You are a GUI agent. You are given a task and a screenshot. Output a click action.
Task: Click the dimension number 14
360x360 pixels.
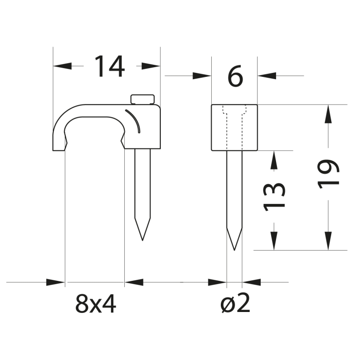pos(109,66)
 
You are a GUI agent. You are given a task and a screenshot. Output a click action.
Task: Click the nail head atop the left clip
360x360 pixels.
pos(142,99)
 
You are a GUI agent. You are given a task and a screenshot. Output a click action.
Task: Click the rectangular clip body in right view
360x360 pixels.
pos(234,127)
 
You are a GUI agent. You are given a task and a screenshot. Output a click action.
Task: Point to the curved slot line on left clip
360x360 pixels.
pos(134,120)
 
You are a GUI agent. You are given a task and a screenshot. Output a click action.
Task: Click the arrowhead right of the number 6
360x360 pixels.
pos(266,75)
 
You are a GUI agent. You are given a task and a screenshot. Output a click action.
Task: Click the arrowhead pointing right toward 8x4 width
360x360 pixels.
pos(56,283)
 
